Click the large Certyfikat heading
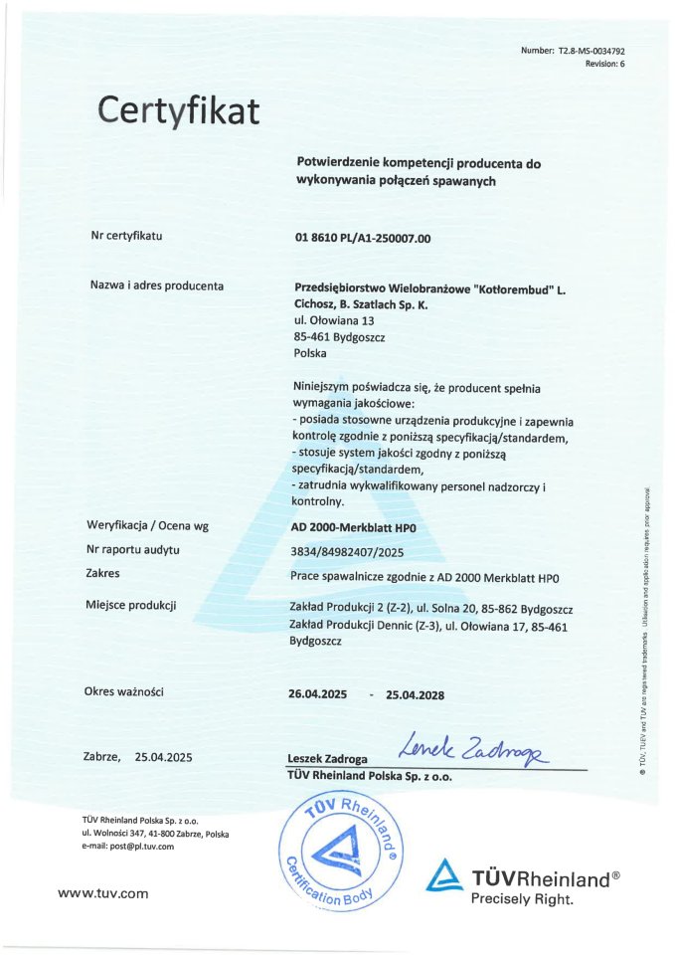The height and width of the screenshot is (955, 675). [x=179, y=109]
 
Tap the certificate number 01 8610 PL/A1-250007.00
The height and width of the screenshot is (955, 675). [x=363, y=238]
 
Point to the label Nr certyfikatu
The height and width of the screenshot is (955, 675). [x=126, y=237]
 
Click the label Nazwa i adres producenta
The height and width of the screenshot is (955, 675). [x=157, y=286]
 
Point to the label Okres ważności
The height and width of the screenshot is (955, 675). [x=125, y=691]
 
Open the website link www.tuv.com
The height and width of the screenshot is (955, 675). [x=103, y=893]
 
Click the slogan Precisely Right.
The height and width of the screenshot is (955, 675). [x=523, y=899]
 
